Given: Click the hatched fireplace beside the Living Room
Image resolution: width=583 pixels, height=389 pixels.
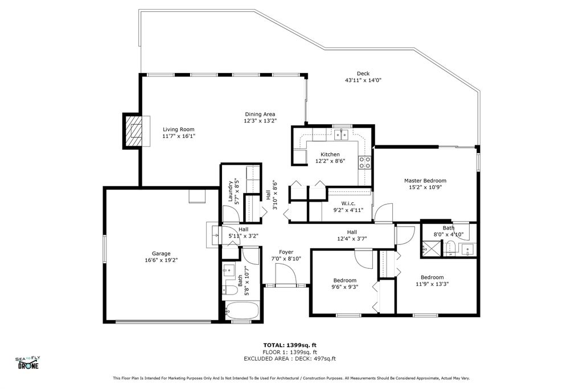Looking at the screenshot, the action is (133, 131).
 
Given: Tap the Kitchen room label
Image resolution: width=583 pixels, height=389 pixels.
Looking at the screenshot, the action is (330, 154).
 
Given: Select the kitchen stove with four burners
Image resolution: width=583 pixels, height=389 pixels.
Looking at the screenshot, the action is (364, 162).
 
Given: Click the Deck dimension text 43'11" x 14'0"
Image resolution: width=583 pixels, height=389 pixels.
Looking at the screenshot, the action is (363, 80).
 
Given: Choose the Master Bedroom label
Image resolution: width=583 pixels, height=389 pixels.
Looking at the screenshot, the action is (425, 181).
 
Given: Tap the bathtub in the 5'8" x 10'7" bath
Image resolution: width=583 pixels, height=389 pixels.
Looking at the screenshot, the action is (242, 310).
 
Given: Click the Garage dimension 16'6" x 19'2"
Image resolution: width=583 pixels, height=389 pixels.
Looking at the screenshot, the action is (161, 260).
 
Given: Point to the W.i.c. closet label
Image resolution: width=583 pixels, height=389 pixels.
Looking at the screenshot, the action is (348, 203).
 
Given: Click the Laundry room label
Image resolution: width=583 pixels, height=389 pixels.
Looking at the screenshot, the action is (231, 191).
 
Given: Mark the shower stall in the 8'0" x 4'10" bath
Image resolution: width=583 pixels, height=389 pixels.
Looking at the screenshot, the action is (430, 248).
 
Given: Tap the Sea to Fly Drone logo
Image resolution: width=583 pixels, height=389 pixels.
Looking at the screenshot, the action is (28, 363).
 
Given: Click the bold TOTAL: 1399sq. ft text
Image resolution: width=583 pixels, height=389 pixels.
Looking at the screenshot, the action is (290, 345).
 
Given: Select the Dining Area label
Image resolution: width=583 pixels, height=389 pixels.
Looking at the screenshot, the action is (260, 114).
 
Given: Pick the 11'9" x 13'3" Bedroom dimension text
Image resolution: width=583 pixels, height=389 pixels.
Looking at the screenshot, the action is (432, 284).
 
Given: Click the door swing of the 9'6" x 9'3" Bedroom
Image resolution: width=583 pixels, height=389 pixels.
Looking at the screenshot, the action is (363, 258).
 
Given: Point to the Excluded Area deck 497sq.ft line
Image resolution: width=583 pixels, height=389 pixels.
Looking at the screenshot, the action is (290, 359).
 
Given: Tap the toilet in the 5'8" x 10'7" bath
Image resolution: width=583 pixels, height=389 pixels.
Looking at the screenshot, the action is (231, 290).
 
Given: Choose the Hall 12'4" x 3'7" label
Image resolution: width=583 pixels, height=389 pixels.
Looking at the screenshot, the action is (352, 235).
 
